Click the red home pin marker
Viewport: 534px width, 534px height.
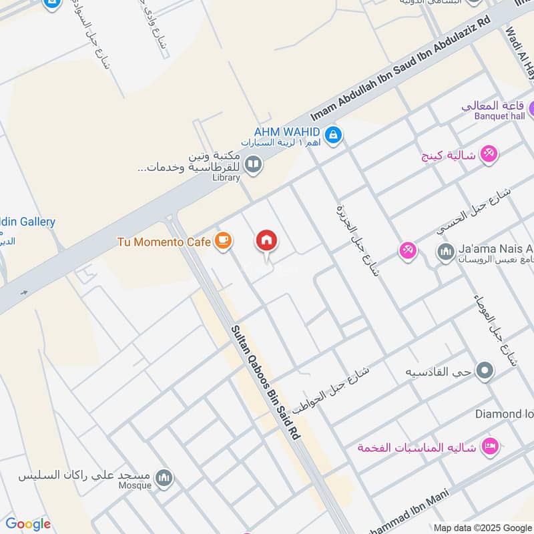click(266, 240)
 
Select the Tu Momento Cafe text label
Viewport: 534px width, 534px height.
click(164, 242)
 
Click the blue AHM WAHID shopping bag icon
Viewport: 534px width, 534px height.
click(334, 136)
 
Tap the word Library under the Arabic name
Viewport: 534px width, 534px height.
click(226, 178)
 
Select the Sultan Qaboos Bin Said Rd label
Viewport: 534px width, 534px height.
click(266, 382)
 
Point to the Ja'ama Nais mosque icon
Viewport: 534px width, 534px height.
click(445, 252)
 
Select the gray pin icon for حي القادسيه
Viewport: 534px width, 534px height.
click(486, 370)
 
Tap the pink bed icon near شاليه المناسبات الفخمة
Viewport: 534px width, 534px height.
click(491, 446)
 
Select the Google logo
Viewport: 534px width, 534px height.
click(28, 524)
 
